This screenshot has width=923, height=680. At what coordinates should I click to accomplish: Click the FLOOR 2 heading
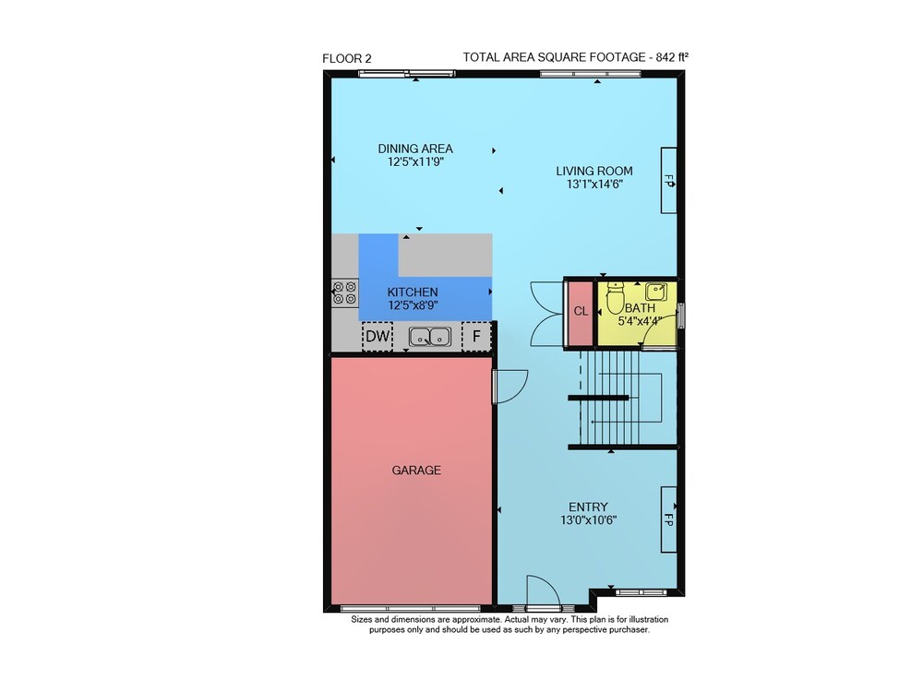[347, 58]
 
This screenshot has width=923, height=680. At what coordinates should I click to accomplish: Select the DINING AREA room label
[415, 149]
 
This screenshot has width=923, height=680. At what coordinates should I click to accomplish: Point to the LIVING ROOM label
[593, 172]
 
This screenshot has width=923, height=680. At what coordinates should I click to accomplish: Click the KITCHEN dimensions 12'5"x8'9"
[413, 305]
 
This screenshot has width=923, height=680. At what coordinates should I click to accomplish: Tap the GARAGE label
[416, 470]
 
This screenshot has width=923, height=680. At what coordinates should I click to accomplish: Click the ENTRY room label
[588, 507]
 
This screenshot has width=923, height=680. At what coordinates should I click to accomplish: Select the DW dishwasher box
[378, 336]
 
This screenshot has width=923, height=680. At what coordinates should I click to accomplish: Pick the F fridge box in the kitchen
[476, 336]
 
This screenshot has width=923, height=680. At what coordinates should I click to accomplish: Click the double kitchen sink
[430, 337]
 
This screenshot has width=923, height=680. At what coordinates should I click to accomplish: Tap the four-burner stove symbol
[344, 292]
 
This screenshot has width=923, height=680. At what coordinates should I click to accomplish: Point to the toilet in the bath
[615, 298]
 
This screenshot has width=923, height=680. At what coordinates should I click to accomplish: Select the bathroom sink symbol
[655, 292]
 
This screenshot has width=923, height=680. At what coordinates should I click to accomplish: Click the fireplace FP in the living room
[668, 181]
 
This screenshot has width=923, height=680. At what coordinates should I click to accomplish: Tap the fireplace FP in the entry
[668, 519]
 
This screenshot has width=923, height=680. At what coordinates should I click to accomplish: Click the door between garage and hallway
[509, 387]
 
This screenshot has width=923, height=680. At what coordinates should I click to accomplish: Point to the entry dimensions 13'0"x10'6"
[589, 520]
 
